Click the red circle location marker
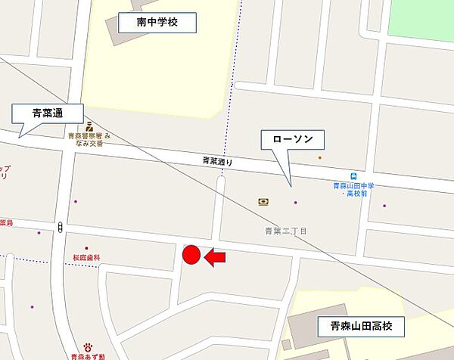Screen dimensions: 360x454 tap(191, 256)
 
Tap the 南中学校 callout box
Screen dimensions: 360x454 tap(157, 23)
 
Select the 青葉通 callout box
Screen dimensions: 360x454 tap(48, 113)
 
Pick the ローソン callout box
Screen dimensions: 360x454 tap(292, 140)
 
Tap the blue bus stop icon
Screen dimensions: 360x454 tap(349, 175)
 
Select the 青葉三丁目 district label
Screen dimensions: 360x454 tap(285, 231)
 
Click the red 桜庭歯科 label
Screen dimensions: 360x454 tap(87, 258)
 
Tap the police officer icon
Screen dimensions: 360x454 tap(89, 126)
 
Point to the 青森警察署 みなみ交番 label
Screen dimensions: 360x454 tap(89, 140)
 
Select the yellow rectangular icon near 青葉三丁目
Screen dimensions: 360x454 tap(263, 202)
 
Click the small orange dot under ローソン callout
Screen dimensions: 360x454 tap(320, 157)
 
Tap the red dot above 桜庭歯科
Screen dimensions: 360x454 tap(86, 248)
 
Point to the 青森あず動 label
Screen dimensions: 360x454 tap(88, 355)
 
